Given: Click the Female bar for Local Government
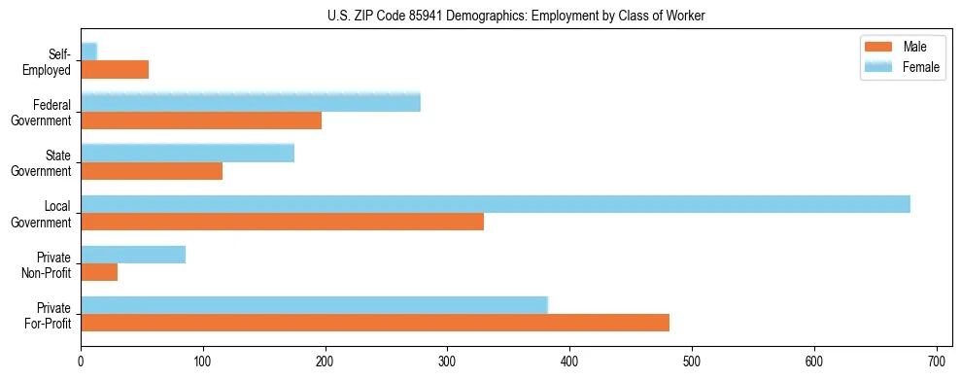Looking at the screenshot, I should pos(496,204).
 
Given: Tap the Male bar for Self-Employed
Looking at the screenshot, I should pos(115,69).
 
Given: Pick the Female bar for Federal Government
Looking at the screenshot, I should pos(251,102).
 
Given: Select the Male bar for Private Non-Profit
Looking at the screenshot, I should pos(99,272).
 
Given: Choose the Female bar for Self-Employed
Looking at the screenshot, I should pos(88,52).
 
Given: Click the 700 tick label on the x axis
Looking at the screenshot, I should pos(936,362).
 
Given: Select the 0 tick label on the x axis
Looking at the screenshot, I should pos(81,362).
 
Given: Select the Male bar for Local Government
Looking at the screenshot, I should pos(282,222).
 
